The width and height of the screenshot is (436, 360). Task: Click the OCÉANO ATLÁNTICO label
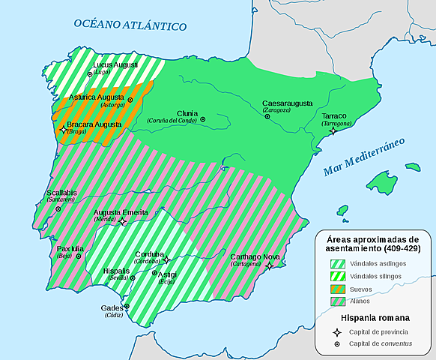130,25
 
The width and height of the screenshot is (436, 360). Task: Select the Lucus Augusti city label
116,65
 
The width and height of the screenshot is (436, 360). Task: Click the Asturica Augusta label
96,97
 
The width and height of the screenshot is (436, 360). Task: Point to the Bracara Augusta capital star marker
63,130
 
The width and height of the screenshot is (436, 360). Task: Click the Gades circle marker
127,306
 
